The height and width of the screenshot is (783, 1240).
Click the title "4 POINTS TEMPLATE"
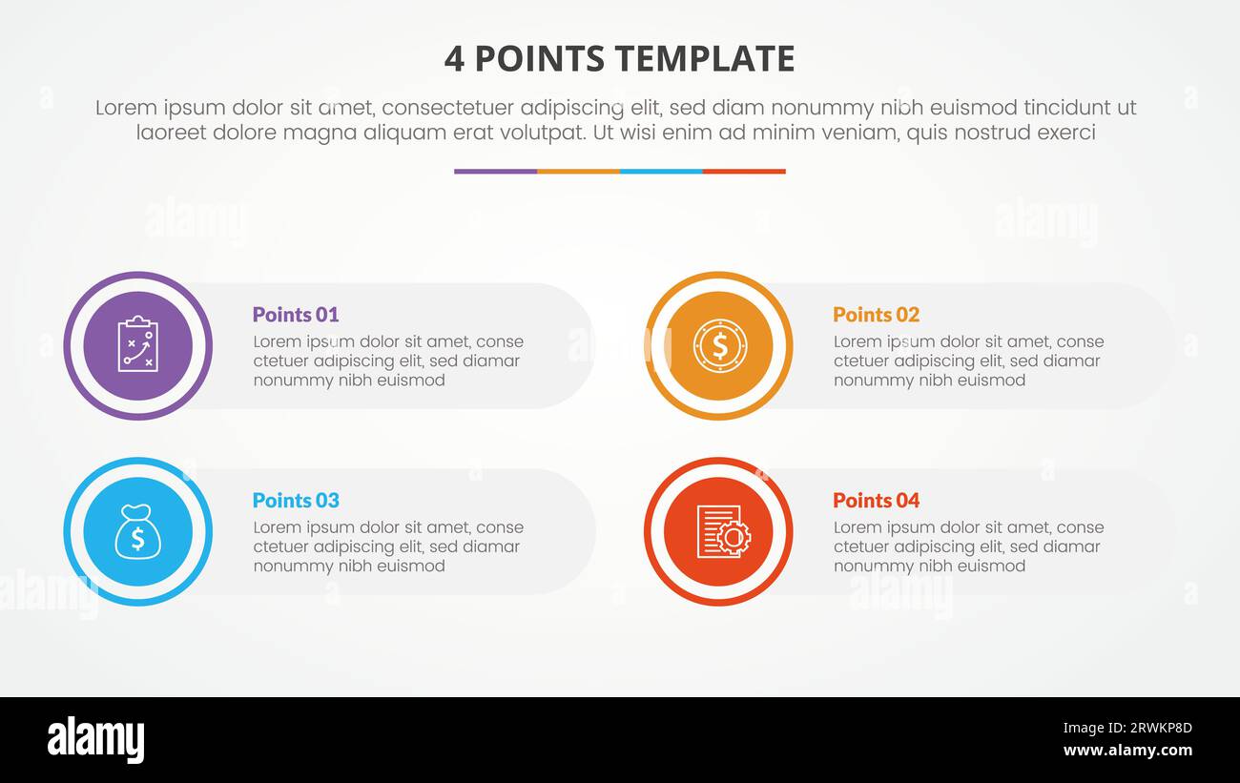coord(619,59)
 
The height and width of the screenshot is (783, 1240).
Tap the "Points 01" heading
coord(295,315)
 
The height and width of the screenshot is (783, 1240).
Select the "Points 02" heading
coord(876,315)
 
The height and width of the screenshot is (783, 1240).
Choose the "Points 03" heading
coord(295,501)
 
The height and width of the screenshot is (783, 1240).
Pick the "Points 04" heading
coord(876,501)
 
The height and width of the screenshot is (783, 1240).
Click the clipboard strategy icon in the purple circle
coord(137,345)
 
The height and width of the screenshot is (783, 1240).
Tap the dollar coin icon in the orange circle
coord(718,345)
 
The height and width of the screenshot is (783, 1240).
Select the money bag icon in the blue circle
coord(137,531)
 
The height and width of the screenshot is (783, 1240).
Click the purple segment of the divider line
coord(495,172)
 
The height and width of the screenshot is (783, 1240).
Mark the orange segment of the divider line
coord(578,172)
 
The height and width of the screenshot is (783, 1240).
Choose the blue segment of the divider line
coord(661,172)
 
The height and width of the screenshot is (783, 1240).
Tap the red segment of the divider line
coord(744,172)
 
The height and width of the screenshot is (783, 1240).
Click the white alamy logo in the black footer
coord(95,740)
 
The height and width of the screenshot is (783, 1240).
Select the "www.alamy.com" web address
coord(1127,751)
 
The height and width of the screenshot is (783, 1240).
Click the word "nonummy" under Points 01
coord(288,380)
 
